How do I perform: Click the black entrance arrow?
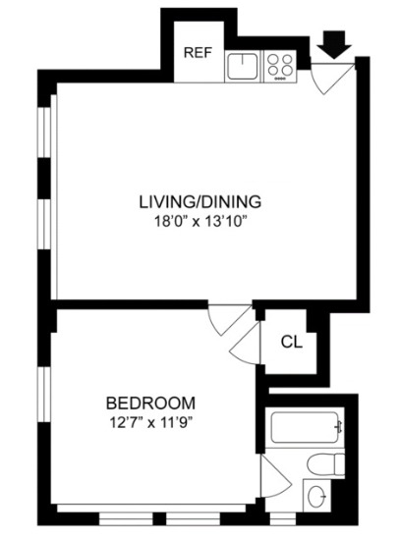tap(335, 44)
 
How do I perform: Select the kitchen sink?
tap(242, 66)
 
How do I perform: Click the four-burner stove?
tap(280, 66)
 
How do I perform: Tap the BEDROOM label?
tap(150, 403)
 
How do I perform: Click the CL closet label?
tap(290, 342)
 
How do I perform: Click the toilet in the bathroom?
tap(320, 465)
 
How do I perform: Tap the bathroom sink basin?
tap(317, 497)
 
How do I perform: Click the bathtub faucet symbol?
tap(338, 427)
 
